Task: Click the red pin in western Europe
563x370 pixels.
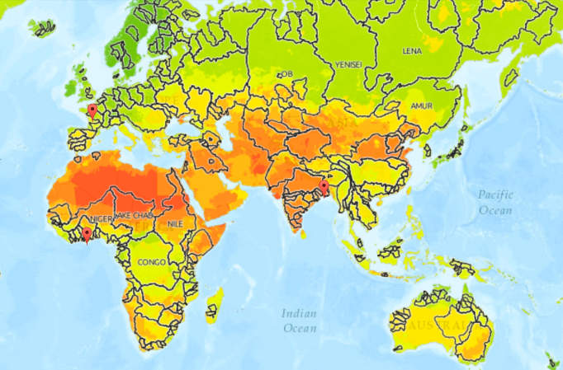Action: coord(92,110)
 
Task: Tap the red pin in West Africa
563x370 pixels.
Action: coord(87,234)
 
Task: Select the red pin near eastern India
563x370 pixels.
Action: coord(325,188)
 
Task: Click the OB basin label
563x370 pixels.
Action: coord(286,75)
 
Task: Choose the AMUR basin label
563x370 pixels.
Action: coord(421,106)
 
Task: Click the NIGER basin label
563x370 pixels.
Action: coord(101,219)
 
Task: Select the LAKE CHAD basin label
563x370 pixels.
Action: coord(134,215)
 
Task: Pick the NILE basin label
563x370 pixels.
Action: coord(174,223)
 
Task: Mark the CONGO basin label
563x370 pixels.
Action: coord(152,262)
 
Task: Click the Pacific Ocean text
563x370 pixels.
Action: coord(494,202)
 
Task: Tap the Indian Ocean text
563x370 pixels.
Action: coord(299,321)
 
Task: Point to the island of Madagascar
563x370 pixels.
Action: coord(215,301)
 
